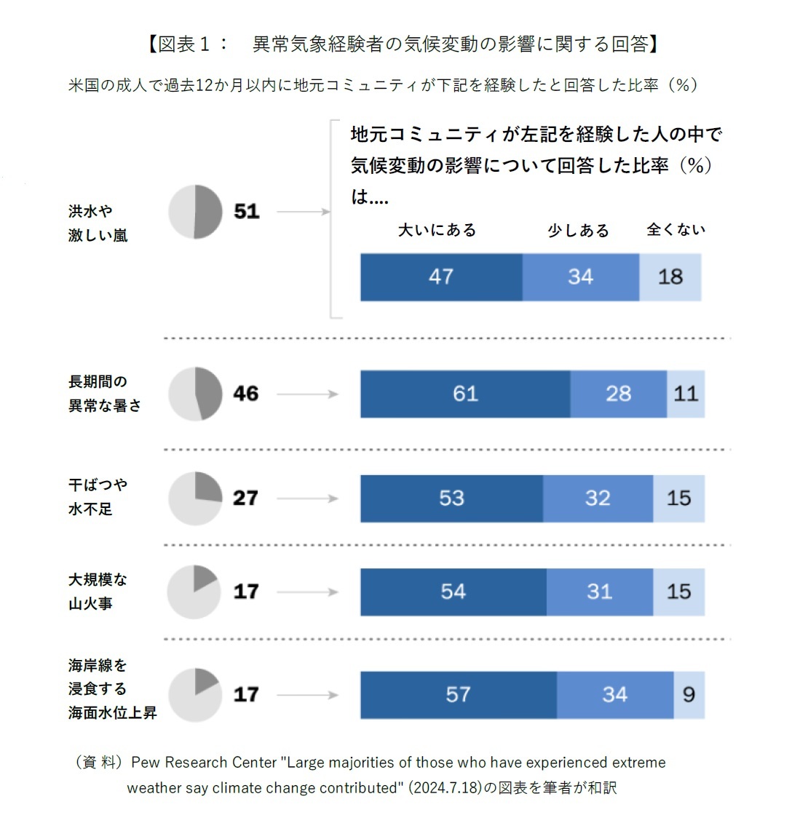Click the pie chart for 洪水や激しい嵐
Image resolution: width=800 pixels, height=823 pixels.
tap(195, 212)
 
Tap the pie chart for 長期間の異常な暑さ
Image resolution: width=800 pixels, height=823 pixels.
tap(195, 394)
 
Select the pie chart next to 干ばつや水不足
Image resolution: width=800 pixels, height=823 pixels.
tap(195, 498)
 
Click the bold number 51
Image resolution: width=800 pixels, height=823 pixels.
tap(247, 212)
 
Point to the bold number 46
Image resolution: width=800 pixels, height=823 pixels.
tap(246, 394)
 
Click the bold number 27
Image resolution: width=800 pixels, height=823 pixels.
tap(246, 498)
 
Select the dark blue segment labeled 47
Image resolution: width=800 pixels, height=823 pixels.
tap(441, 277)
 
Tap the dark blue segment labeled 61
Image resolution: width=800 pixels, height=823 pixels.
tap(465, 394)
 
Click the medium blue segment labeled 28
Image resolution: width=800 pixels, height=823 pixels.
tap(618, 394)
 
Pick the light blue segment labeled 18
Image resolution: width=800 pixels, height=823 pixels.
tap(670, 277)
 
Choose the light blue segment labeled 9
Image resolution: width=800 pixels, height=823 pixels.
tap(689, 695)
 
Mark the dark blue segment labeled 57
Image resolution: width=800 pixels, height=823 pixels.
tap(458, 695)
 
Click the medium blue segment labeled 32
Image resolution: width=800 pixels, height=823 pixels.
tap(598, 498)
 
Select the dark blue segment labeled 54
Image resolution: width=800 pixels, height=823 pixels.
tap(453, 592)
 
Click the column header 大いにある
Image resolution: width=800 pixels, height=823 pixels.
tap(437, 230)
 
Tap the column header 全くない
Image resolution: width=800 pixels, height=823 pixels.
tap(676, 230)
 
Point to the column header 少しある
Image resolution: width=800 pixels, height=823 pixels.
tap(578, 231)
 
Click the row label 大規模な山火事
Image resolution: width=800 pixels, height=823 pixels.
tap(98, 592)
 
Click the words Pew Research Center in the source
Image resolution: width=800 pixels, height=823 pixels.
tap(204, 763)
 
